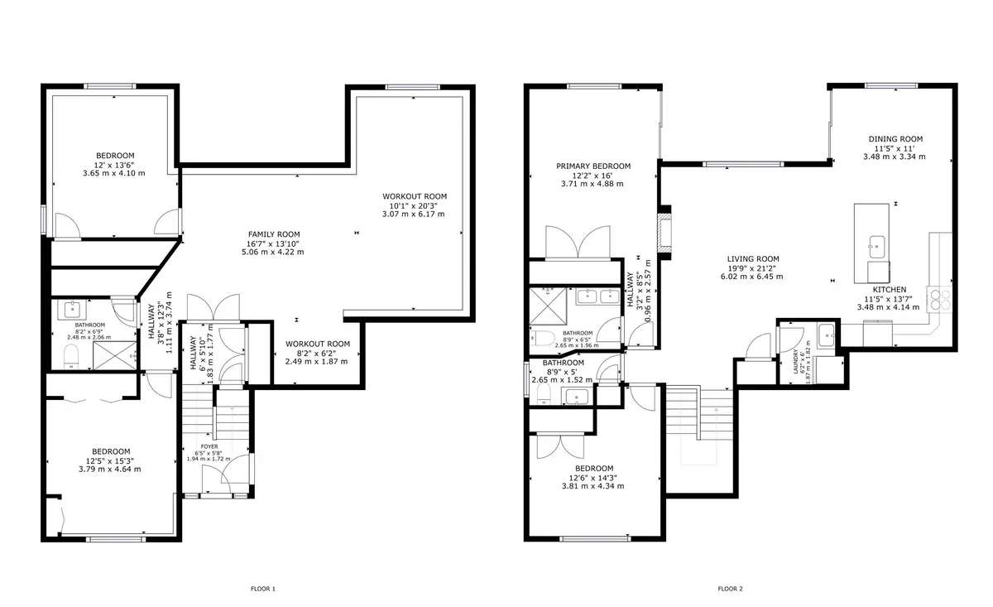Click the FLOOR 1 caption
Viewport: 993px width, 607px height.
coord(262,589)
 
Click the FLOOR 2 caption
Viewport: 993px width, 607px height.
coord(730,589)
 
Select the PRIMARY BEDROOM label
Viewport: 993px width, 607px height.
coord(593,166)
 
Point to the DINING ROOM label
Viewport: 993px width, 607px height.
coord(895,139)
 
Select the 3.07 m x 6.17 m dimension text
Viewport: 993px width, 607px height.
coord(413,214)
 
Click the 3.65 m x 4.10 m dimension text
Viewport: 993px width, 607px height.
coord(114,173)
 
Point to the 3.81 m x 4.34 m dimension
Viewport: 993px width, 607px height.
coord(593,486)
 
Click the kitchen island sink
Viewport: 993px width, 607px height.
coord(875,244)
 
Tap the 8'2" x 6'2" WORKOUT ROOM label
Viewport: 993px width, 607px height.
coord(318,344)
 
